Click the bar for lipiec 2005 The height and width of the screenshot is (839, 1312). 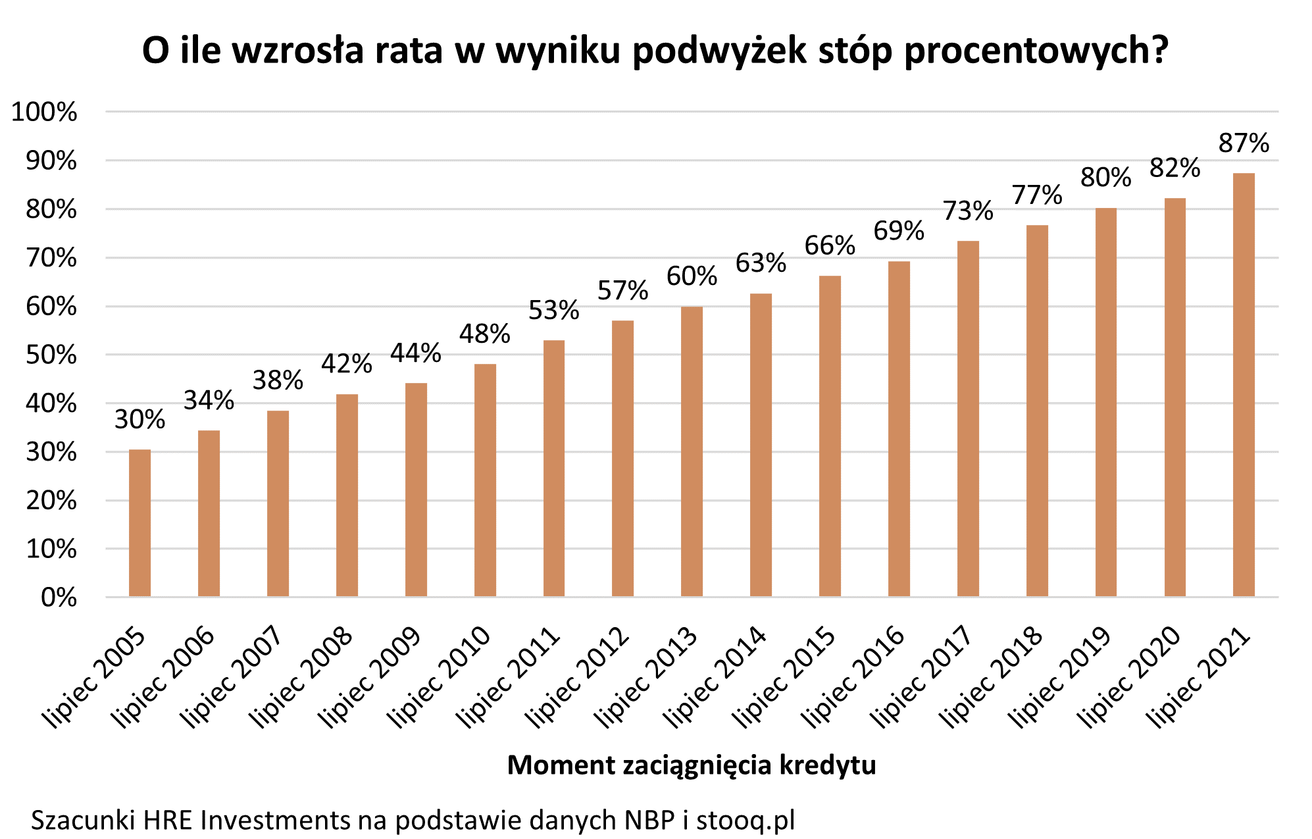139,523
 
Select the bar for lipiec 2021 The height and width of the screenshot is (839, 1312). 1244,385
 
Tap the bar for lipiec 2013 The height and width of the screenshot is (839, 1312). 692,451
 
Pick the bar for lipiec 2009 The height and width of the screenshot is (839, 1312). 416,490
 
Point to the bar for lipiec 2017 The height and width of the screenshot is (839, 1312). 968,419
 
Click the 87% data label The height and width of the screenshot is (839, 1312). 1244,143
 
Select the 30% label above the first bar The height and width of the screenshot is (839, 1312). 139,419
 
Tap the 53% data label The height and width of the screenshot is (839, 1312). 553,310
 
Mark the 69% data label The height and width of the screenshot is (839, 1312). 899,231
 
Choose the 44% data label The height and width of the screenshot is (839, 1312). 415,353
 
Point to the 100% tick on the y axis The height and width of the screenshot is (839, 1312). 44,113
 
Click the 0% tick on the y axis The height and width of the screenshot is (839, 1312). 59,597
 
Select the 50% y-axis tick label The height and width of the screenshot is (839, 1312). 51,355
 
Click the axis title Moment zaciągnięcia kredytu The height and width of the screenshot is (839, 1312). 691,765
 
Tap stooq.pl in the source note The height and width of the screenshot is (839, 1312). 745,820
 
